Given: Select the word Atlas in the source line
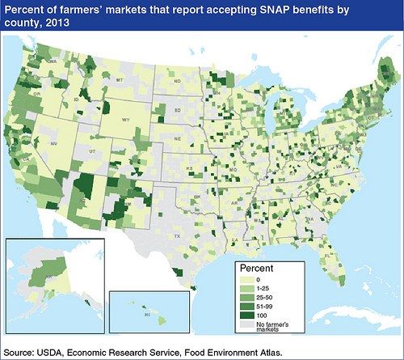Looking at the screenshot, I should [266, 352].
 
